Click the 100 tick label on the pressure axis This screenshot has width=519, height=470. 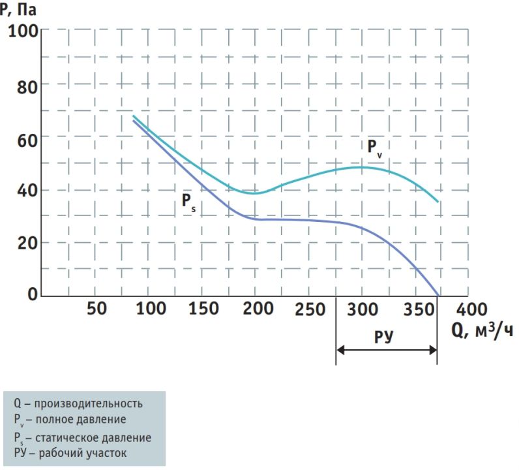(23, 31)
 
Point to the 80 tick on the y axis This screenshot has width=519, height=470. (27, 87)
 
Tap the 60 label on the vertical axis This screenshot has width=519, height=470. (27, 140)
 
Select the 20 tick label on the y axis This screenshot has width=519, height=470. (27, 243)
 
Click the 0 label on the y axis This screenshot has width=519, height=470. (33, 294)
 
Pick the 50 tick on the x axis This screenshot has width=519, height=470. (96, 309)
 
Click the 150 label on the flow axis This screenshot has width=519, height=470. (203, 309)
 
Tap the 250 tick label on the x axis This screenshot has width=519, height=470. (310, 309)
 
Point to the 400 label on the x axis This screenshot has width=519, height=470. (471, 309)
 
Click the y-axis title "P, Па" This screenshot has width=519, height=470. (18, 9)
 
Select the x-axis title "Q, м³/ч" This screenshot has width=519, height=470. (482, 331)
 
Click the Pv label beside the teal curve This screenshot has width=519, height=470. (375, 148)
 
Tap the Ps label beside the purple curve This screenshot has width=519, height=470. (188, 202)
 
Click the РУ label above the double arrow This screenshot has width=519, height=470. (384, 337)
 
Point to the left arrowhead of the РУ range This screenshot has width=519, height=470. (340, 350)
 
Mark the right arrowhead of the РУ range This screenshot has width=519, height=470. (433, 350)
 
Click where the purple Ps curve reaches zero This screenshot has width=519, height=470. (438, 295)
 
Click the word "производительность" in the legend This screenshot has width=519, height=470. (89, 403)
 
